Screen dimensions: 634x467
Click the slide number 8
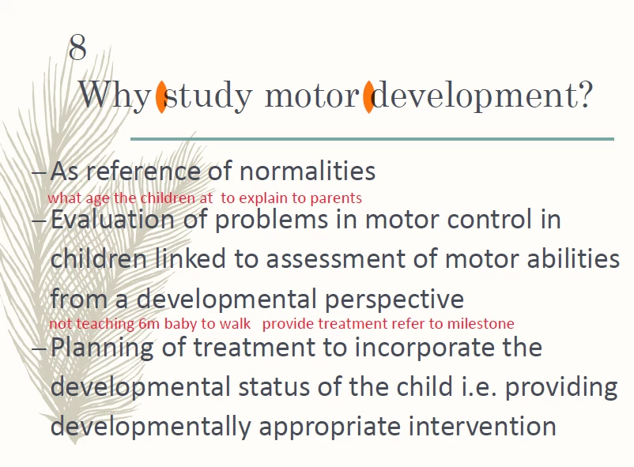(77, 47)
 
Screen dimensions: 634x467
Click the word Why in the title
(114, 96)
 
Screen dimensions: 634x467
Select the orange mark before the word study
(161, 96)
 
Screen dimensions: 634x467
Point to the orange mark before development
(368, 96)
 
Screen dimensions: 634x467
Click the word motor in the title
(311, 96)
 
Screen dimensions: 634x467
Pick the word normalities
(308, 171)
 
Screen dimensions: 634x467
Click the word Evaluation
(112, 220)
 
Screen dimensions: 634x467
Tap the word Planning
(102, 348)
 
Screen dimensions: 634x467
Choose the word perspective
(394, 300)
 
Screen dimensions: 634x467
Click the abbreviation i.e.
(479, 386)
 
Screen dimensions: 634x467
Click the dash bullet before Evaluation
(39, 220)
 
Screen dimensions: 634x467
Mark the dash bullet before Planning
(39, 348)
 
